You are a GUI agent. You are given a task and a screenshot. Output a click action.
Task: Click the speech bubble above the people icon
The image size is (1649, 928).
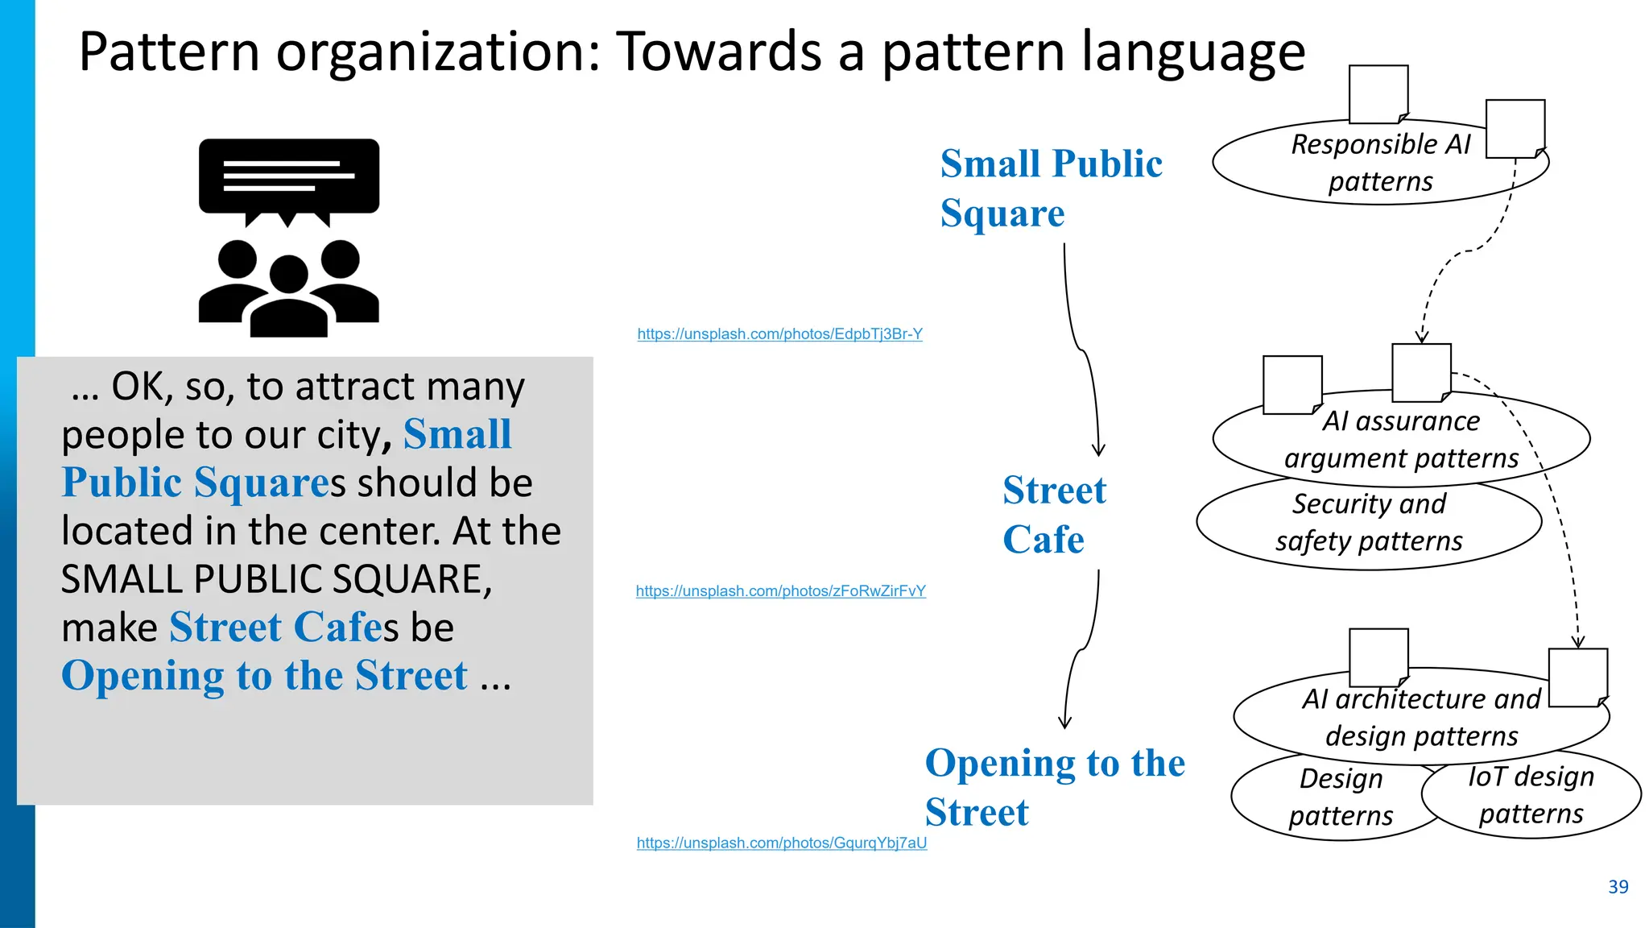[x=288, y=176]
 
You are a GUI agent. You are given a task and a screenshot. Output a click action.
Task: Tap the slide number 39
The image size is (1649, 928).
[x=1618, y=887]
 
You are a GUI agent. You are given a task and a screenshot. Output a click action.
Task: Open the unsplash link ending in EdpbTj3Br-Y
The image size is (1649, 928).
[x=779, y=333]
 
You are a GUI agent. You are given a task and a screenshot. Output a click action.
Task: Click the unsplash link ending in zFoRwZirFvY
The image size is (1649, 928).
[x=780, y=591]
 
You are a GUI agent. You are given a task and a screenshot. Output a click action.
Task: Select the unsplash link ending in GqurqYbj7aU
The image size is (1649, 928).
[x=781, y=843]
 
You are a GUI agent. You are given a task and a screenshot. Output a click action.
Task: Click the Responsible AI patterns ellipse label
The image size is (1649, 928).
[x=1380, y=163]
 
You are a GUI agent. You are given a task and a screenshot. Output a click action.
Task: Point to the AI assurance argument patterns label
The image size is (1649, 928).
[x=1401, y=440]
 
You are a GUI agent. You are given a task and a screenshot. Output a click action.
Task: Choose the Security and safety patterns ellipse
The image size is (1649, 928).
[x=1369, y=523]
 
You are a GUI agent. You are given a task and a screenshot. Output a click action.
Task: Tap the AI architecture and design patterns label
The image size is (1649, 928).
[x=1421, y=717]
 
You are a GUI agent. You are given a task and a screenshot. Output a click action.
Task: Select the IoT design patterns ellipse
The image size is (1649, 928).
[x=1531, y=795]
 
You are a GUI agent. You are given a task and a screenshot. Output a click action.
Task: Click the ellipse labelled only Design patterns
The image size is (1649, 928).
[x=1340, y=797]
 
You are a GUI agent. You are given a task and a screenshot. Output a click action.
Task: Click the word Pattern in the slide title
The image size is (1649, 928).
[x=169, y=52]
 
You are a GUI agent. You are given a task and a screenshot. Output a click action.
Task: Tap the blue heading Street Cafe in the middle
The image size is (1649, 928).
[x=1054, y=514]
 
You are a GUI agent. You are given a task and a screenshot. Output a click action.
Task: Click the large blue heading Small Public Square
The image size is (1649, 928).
[x=1051, y=188]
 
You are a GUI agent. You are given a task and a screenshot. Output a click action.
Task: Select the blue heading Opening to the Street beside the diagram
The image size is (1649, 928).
[x=1054, y=786]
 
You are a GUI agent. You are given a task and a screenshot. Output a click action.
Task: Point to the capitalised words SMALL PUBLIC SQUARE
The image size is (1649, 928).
[x=276, y=579]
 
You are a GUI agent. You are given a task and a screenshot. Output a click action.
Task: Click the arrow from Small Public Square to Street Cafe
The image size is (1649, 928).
[x=1083, y=351]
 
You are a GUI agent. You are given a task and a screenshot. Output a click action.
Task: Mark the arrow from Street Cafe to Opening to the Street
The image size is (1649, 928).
[x=1084, y=648]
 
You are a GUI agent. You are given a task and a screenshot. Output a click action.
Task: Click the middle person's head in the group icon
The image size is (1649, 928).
[x=289, y=273]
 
